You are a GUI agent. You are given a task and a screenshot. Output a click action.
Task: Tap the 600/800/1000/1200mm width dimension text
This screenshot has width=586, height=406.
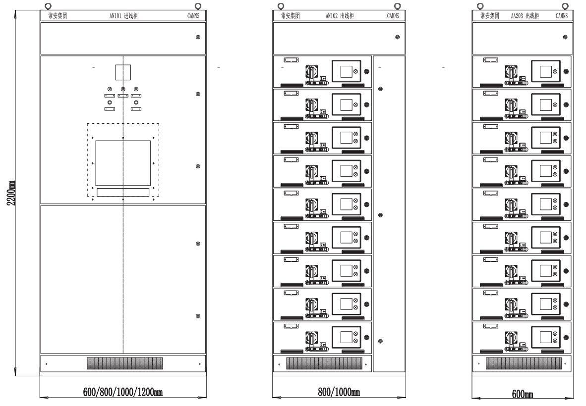(x=122, y=392)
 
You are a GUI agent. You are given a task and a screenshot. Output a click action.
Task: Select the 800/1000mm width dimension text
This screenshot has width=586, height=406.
(x=339, y=392)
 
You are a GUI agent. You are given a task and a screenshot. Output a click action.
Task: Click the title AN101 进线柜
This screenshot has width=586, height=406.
(x=123, y=16)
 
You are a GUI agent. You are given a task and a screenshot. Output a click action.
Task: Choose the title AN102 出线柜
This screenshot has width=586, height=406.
(x=339, y=16)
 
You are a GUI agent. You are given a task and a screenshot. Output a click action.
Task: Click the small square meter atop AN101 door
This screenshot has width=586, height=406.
(x=122, y=72)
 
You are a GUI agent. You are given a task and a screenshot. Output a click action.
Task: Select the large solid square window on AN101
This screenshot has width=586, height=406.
(x=122, y=162)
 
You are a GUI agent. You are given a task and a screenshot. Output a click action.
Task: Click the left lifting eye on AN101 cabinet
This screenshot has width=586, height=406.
(x=48, y=6)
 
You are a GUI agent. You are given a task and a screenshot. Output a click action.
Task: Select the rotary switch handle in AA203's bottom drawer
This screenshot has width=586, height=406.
(x=510, y=339)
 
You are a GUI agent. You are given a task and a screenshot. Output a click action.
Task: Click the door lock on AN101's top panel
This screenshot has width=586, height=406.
(x=198, y=38)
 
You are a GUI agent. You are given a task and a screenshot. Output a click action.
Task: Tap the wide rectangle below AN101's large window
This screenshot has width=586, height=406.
(x=122, y=193)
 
